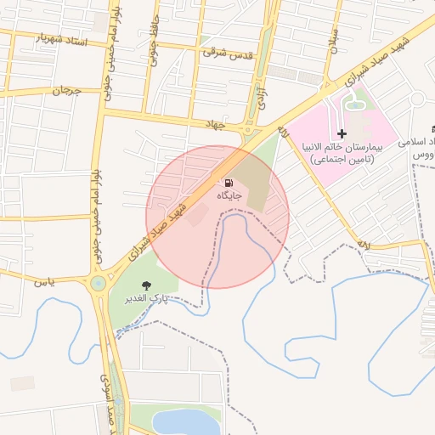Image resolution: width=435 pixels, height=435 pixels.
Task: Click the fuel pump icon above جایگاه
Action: click(x=229, y=183)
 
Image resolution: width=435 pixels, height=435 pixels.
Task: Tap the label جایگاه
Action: click(x=229, y=196)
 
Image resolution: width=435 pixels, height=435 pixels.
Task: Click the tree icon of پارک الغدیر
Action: click(x=146, y=286)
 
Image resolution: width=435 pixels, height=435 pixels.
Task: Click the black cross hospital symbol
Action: click(x=342, y=134)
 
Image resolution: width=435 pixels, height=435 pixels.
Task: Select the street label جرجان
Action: click(x=65, y=89)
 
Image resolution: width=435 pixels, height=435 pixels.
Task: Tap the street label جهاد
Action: click(x=217, y=125)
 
